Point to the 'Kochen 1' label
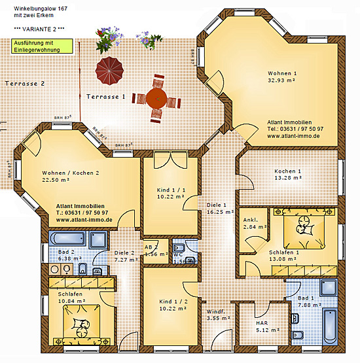coord(287,171)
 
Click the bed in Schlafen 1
coord(303,226)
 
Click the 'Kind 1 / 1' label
coord(171,190)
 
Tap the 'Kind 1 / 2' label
coord(172,302)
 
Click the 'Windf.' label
coord(216,312)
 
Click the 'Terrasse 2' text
coord(24,84)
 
